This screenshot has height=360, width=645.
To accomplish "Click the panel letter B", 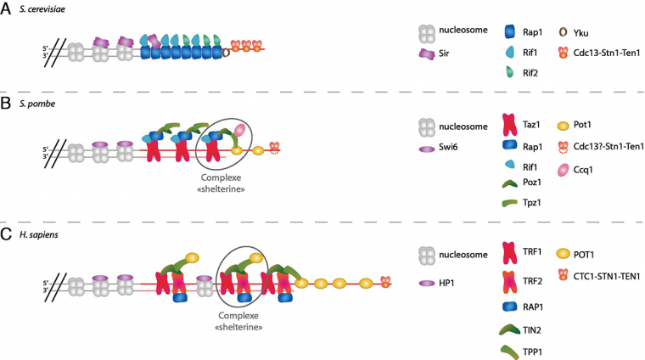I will tap(7, 105).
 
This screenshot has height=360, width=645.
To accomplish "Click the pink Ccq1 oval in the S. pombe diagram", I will tap(240, 132).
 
